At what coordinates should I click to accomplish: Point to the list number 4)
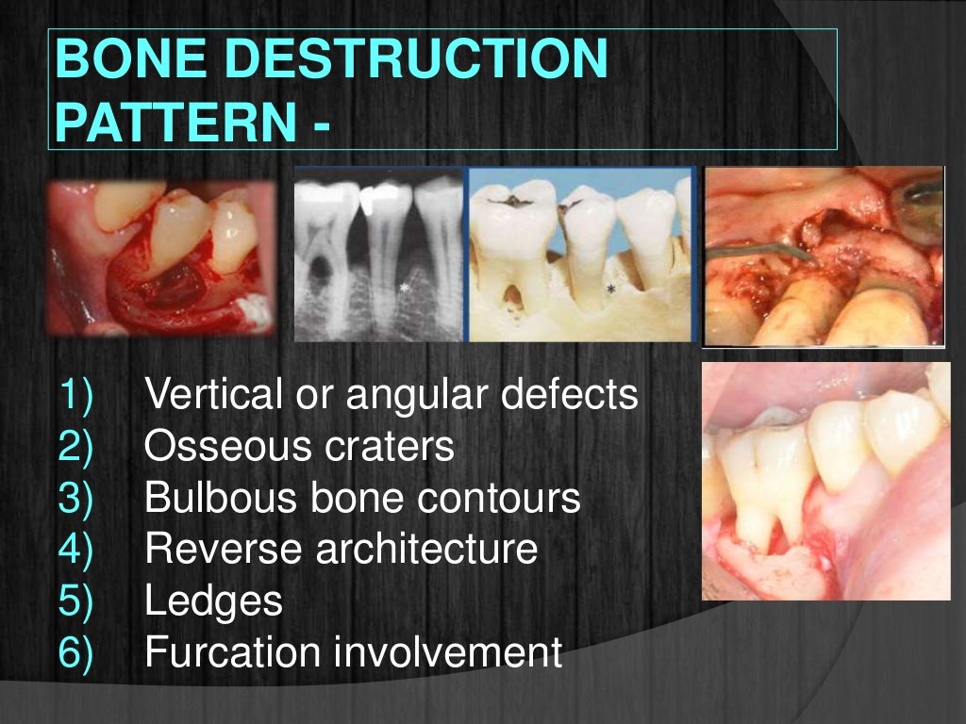(76, 550)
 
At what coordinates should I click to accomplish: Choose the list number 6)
(76, 652)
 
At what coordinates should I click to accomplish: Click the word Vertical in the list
(211, 395)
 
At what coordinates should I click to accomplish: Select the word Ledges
(213, 602)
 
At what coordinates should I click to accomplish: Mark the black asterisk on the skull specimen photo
(611, 289)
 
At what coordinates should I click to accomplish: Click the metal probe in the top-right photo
(755, 248)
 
